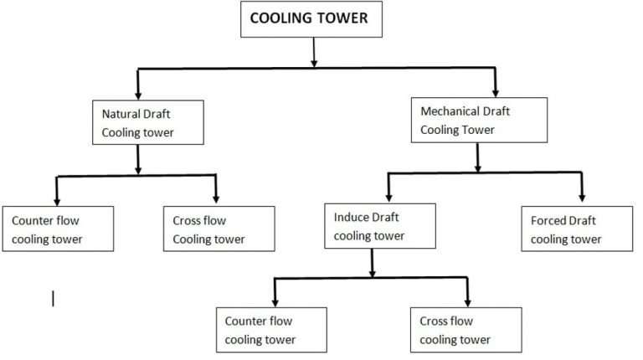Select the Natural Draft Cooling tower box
pyautogui.click(x=138, y=122)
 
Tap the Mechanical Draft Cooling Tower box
pyautogui.click(x=477, y=120)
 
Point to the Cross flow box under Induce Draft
pyautogui.click(x=466, y=329)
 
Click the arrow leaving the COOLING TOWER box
pyautogui.click(x=313, y=52)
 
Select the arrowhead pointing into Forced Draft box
pyautogui.click(x=580, y=198)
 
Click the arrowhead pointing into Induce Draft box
pyautogui.click(x=388, y=196)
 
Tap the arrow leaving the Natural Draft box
pyautogui.click(x=137, y=159)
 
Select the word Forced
pyautogui.click(x=550, y=220)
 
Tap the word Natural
pyautogui.click(x=123, y=113)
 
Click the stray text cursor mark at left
pyautogui.click(x=53, y=298)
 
